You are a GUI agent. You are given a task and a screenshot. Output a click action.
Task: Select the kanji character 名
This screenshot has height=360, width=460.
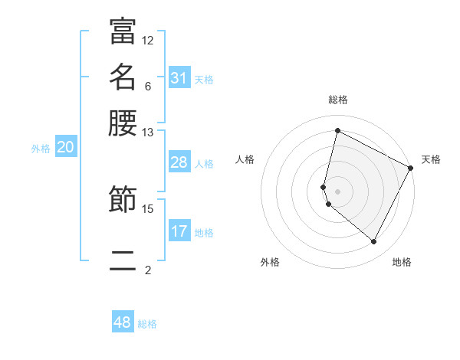[x=123, y=77]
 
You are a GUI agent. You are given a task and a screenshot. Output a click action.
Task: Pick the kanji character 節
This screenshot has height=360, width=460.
[x=123, y=200]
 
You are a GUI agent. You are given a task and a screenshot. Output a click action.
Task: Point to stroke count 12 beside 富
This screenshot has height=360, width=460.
[x=148, y=40]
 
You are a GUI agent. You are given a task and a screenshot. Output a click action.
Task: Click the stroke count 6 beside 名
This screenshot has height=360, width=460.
[x=148, y=86]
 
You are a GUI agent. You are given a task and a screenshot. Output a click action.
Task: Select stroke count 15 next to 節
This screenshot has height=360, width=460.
[x=148, y=208]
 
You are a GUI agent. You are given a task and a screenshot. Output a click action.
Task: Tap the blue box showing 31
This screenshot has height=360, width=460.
[x=179, y=77]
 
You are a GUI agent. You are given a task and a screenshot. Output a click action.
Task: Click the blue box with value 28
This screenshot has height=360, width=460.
[x=179, y=162]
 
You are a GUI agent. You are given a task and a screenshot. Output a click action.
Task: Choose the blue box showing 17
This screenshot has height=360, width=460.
[x=179, y=231]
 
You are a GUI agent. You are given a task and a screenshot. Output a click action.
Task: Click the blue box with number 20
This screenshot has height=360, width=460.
[x=65, y=148]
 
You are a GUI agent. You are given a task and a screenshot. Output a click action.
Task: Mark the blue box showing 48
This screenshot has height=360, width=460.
[x=123, y=322]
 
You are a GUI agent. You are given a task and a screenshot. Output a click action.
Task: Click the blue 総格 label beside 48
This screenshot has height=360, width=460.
[x=147, y=324]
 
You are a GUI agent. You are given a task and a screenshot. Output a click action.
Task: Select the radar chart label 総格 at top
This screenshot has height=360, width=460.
[x=338, y=100]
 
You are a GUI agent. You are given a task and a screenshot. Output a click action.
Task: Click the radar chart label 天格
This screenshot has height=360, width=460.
[x=431, y=159]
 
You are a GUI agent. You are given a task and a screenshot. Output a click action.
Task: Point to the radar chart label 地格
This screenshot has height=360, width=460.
[x=402, y=262]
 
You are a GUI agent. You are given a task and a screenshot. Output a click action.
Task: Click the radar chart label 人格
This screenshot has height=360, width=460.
[x=245, y=159]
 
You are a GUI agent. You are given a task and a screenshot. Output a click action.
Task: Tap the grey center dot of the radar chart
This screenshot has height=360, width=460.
[x=338, y=191]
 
